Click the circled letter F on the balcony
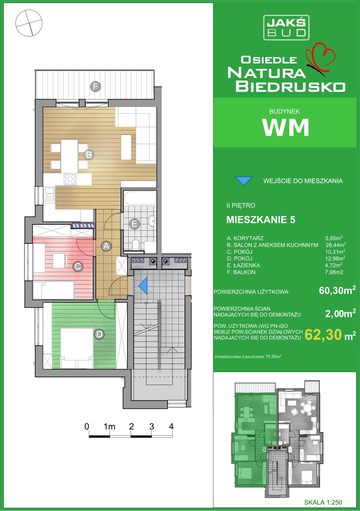tap(95, 87)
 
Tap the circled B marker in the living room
tap(89, 155)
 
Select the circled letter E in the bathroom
tap(134, 224)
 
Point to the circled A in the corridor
tap(106, 246)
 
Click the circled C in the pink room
tap(78, 266)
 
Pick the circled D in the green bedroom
tap(99, 334)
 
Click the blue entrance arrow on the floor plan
tap(143, 286)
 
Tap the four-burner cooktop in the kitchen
tap(70, 179)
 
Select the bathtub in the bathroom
tap(140, 198)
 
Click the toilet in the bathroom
tap(136, 245)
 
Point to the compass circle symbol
tap(29, 23)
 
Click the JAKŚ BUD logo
tap(286, 28)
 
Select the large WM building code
tap(286, 127)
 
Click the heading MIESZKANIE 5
tap(261, 220)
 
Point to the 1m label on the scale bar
tap(109, 427)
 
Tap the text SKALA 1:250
tap(323, 502)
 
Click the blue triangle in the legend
tap(244, 181)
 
